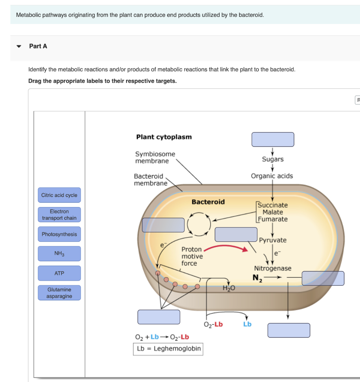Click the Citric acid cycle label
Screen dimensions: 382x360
tap(59, 195)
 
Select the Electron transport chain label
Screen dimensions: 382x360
tap(59, 215)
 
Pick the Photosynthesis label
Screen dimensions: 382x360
tap(59, 234)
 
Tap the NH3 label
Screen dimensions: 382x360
tap(59, 254)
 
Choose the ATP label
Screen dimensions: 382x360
tap(59, 273)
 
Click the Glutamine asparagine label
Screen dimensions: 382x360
tap(59, 293)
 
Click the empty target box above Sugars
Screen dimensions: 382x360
tap(273, 140)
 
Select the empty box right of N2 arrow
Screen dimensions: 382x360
tap(323, 278)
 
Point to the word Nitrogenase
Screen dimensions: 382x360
tap(273, 268)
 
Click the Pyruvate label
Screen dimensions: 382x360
tap(273, 240)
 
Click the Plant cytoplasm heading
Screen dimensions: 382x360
tap(164, 137)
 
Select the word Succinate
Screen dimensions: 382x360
tap(273, 205)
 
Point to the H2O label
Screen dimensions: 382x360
tap(227, 288)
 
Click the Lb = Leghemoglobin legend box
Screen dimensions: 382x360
tap(168, 349)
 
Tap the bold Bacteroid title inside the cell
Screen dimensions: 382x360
tap(208, 202)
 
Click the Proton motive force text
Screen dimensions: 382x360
tap(192, 256)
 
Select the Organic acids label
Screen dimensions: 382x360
tap(272, 176)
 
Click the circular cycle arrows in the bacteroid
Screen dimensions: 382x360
tap(199, 224)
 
